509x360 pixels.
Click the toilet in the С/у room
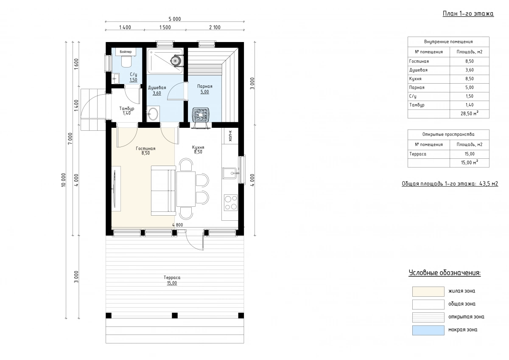(126, 62)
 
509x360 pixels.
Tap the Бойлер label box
(126, 52)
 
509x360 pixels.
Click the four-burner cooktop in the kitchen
(231, 202)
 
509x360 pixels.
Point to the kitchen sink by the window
(230, 174)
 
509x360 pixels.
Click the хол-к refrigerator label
(230, 136)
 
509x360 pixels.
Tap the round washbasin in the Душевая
(153, 114)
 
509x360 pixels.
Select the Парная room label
(204, 86)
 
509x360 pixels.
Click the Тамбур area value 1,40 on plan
(126, 113)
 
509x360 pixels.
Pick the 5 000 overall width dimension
(175, 19)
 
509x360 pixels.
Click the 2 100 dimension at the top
(215, 27)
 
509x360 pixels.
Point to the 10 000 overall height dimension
(63, 180)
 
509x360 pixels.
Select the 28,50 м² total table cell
(470, 113)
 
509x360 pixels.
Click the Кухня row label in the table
(415, 79)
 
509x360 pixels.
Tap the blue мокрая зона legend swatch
(428, 330)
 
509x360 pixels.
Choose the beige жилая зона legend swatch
(428, 292)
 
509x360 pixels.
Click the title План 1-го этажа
(468, 14)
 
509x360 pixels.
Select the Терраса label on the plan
(172, 278)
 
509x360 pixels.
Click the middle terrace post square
(174, 315)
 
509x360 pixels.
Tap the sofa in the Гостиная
(163, 191)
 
